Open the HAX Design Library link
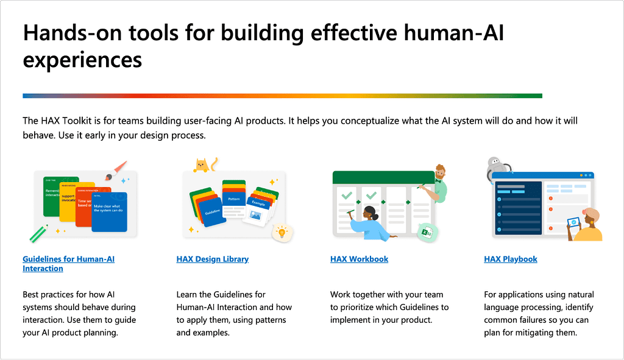(212, 259)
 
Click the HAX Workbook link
(359, 259)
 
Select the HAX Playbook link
(510, 259)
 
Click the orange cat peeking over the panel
(200, 164)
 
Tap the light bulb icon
(281, 232)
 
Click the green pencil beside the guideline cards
(38, 233)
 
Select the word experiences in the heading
(82, 60)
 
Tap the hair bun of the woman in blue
(369, 210)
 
